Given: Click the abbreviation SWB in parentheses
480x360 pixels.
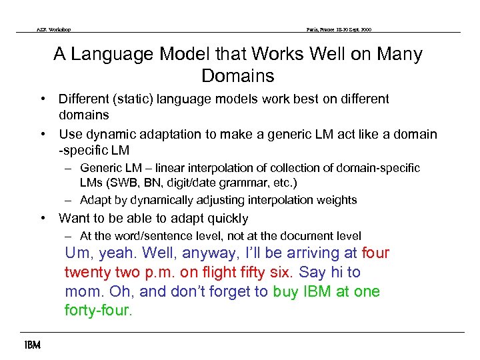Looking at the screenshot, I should pos(120,183).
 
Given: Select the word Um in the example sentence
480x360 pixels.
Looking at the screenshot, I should pos(77,253).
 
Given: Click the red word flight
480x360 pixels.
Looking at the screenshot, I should pos(203,273).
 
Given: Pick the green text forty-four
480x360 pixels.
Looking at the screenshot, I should pos(97,311).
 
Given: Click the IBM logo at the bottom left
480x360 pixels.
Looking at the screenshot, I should pos(31,345).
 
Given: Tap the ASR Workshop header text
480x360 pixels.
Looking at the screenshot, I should pos(53,29).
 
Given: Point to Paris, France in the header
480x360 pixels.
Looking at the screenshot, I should pos(321,29).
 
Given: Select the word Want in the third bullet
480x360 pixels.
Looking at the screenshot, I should pos(73,218).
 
